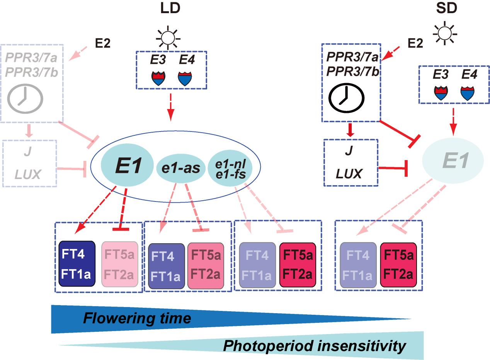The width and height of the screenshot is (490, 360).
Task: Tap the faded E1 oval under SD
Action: [x=453, y=160]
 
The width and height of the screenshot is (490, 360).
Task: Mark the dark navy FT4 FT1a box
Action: [x=77, y=264]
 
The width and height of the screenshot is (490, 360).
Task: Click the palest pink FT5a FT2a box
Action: [x=119, y=264]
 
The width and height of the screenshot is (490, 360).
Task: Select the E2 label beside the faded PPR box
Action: [x=103, y=43]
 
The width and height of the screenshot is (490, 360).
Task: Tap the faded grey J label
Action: [x=27, y=152]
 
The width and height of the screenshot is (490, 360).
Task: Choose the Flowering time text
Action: [x=137, y=318]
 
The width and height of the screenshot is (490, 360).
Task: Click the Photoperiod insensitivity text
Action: [x=315, y=345]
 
